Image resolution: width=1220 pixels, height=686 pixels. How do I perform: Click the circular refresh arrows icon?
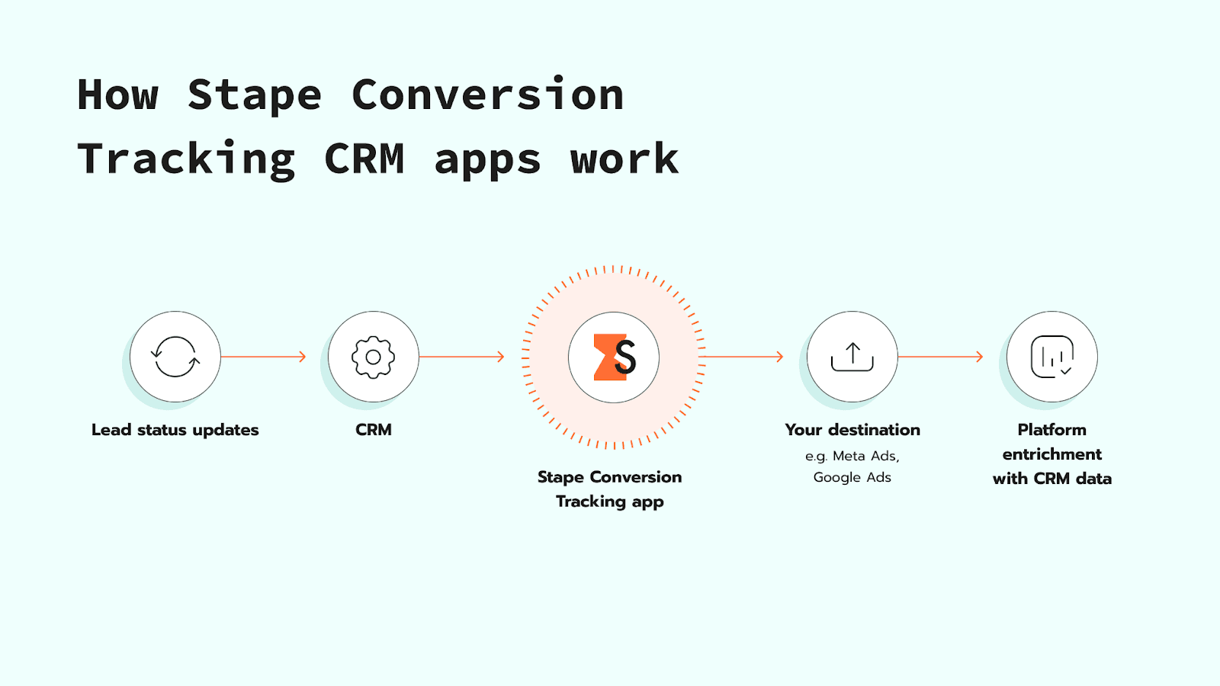[x=175, y=357]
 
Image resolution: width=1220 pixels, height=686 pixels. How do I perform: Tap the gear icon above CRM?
[x=373, y=357]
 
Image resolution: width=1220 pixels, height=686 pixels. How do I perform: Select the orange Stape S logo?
[x=614, y=357]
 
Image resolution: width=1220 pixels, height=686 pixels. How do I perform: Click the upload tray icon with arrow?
[x=852, y=357]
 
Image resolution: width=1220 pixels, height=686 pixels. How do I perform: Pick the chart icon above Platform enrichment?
[x=1052, y=357]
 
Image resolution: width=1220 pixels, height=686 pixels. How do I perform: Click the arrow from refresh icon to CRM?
[x=263, y=357]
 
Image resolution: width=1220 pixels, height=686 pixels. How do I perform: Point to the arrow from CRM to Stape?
[x=461, y=357]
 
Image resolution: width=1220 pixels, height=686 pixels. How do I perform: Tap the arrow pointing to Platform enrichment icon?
[x=940, y=357]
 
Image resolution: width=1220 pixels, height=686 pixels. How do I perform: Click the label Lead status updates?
[x=175, y=430]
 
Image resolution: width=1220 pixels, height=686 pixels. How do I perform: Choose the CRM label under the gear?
[x=374, y=430]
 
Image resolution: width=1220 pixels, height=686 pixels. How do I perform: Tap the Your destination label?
[x=852, y=430]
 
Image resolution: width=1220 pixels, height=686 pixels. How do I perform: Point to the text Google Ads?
[x=852, y=478]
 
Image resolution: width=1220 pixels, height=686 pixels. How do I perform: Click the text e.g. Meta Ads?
[x=852, y=456]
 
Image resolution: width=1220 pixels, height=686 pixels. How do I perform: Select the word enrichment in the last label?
[x=1052, y=454]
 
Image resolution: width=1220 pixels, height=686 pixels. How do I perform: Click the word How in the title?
[x=118, y=95]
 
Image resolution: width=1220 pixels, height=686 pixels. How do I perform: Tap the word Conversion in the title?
[x=488, y=95]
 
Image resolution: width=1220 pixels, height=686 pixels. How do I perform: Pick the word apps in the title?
[x=488, y=160]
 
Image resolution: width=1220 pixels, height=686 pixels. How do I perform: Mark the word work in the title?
[x=624, y=160]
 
